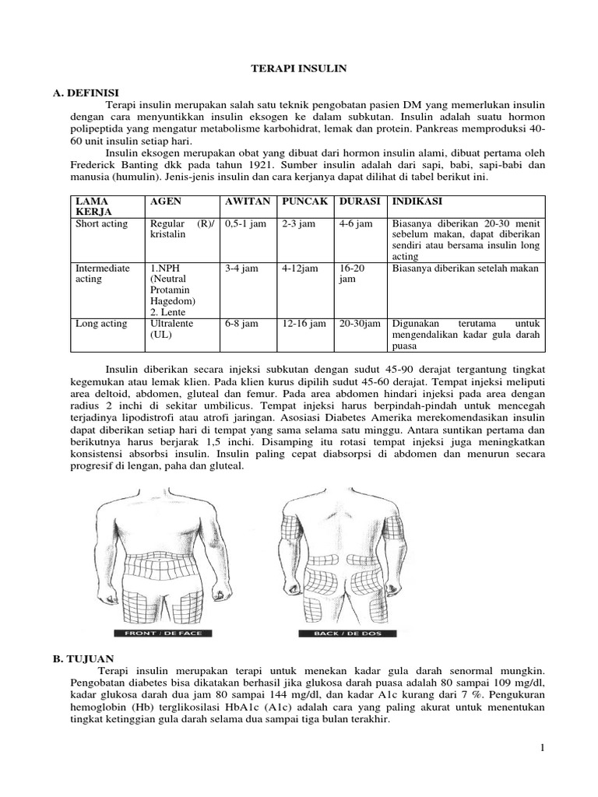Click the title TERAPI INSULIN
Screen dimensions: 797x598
point(298,69)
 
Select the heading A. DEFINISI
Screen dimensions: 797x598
point(84,92)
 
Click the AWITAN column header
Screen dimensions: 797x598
point(247,201)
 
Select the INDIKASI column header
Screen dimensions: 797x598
point(418,201)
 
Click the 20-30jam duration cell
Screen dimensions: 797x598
point(359,323)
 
